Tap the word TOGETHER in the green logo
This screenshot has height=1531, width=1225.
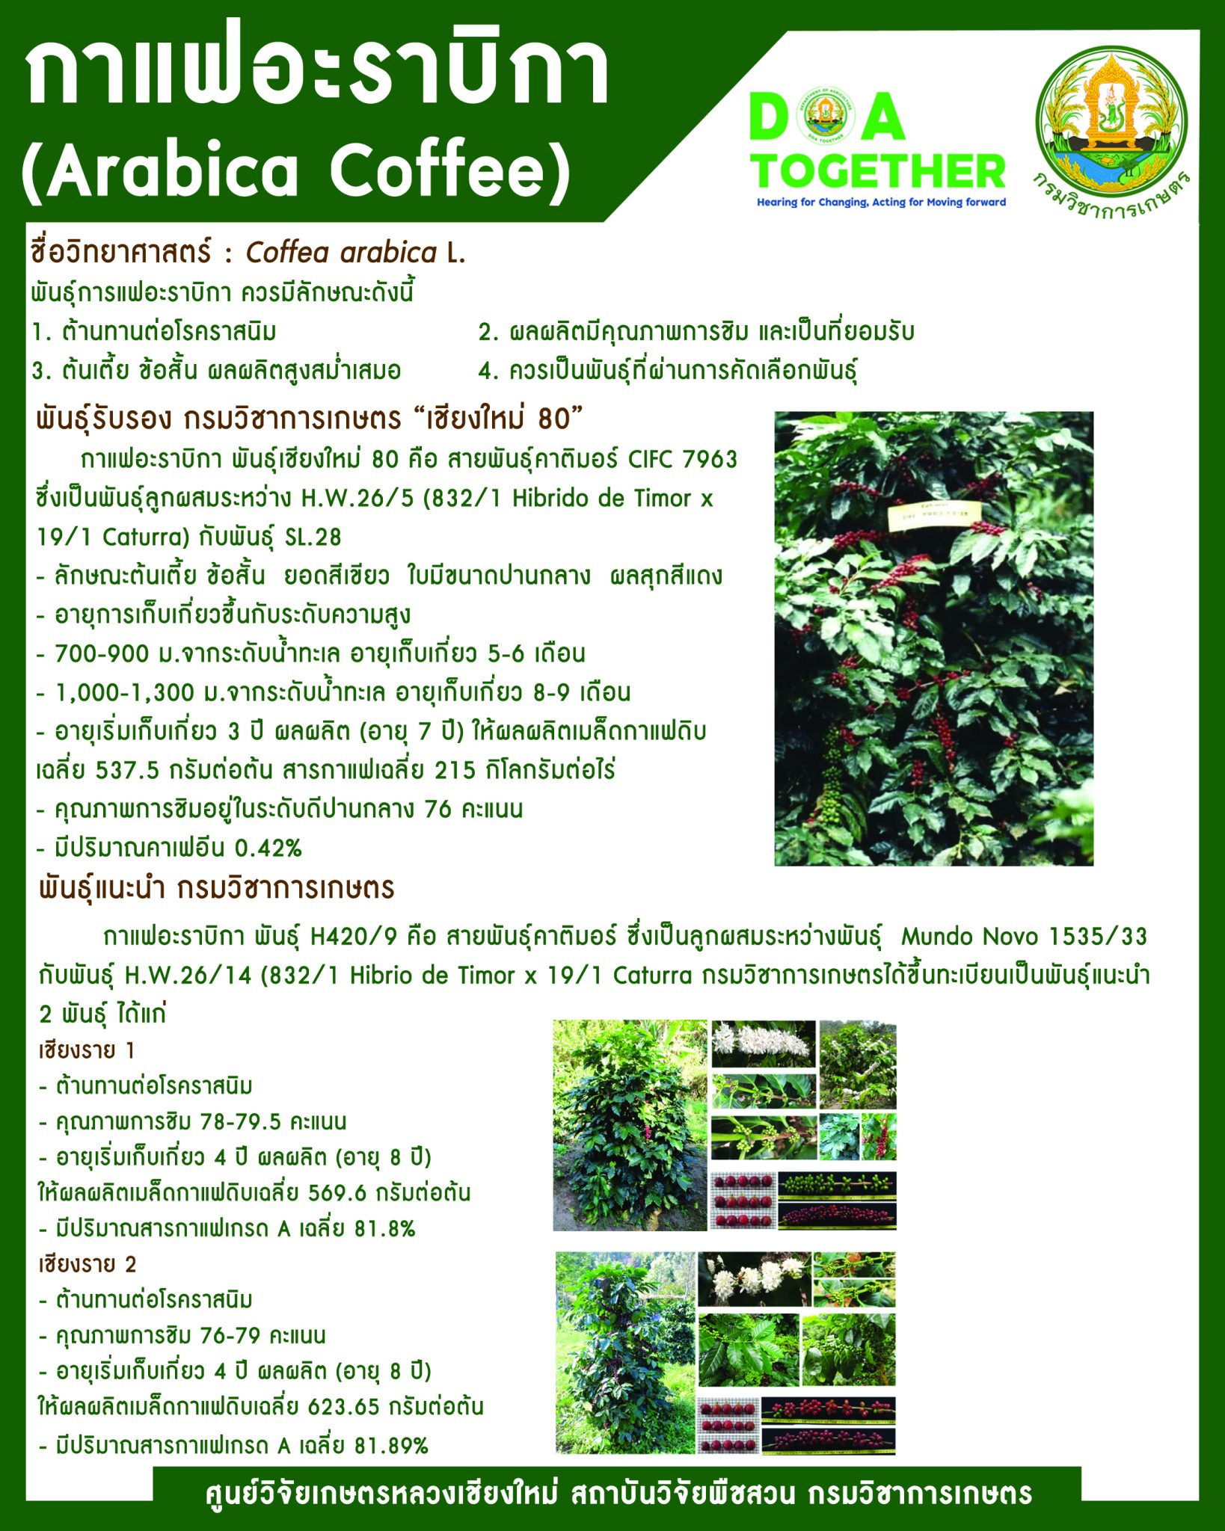click(879, 171)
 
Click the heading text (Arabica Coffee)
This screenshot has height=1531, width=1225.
click(295, 170)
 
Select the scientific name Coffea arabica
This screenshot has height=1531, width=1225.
click(342, 253)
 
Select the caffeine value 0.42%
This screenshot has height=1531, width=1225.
click(268, 848)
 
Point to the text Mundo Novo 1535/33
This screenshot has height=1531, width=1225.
click(1024, 936)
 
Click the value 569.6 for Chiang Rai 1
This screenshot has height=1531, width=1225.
click(337, 1192)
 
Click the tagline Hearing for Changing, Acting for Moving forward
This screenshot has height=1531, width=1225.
click(881, 202)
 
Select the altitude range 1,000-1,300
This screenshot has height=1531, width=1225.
click(125, 692)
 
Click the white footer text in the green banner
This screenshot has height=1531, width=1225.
click(618, 1494)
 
